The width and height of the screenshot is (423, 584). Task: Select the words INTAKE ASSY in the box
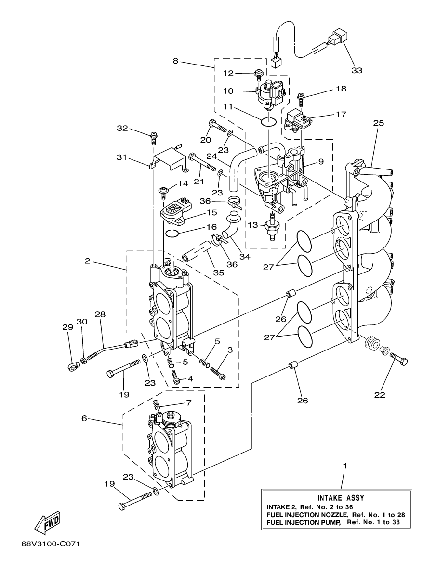341,498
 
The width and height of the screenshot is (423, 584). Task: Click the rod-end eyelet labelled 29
72,368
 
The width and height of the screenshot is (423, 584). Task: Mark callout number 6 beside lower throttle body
84,419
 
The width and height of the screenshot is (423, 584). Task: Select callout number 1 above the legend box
344,466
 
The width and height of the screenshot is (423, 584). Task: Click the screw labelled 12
259,74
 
